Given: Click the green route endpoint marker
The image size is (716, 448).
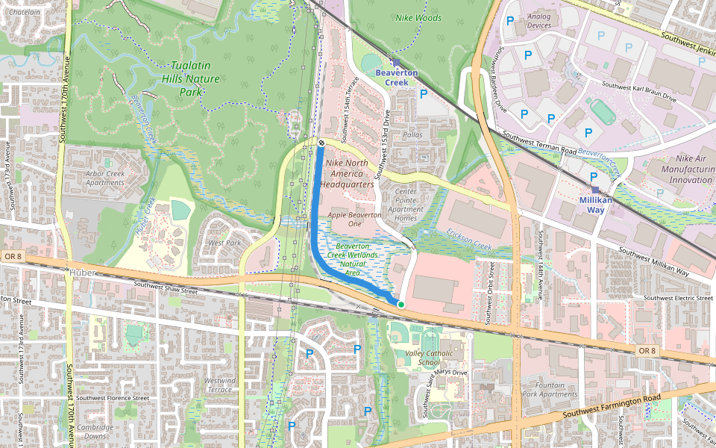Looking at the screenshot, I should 401,305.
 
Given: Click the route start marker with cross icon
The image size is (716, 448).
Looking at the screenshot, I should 321,143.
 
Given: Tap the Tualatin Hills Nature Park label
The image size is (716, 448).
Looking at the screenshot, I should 191,78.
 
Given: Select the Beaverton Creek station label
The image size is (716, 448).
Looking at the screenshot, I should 396,78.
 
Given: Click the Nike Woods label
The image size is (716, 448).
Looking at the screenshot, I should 418,18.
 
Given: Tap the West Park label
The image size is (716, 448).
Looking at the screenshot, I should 224,243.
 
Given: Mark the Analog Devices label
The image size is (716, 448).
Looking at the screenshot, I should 538,20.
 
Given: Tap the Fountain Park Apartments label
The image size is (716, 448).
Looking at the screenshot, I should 550,389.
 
